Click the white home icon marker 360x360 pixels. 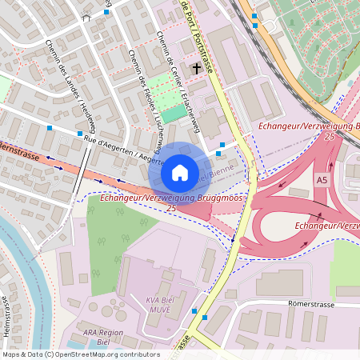tap(180, 173)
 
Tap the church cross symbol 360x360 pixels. tap(198, 69)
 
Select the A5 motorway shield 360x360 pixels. tap(322, 179)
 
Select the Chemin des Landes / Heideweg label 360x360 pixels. tap(71, 88)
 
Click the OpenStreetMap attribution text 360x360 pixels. tap(81, 354)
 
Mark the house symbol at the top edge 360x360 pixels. tap(85, 15)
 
